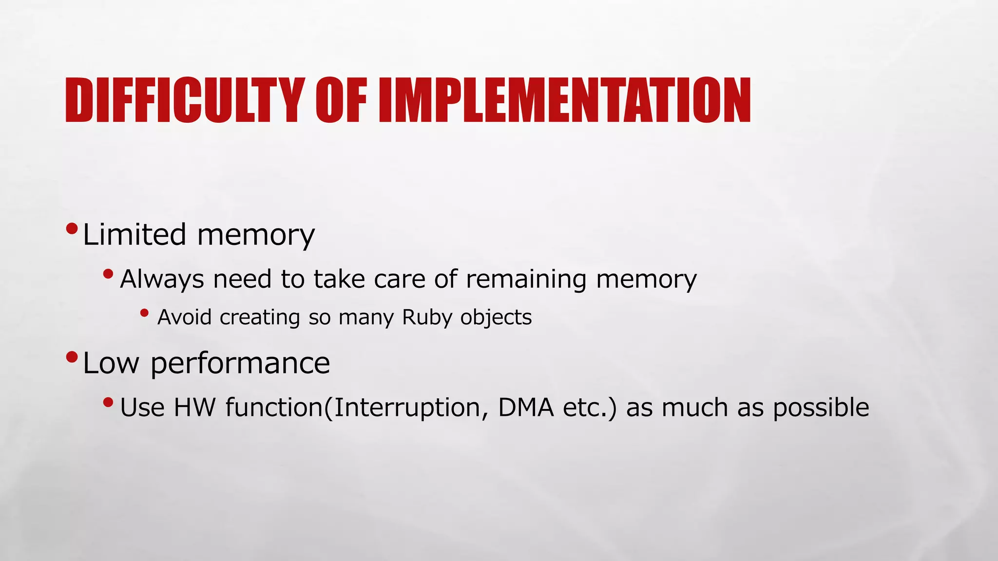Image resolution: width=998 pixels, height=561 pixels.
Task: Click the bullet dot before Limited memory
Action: coord(72,228)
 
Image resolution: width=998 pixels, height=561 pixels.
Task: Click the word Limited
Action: coord(134,235)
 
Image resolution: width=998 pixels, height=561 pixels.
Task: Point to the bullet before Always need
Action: coord(108,275)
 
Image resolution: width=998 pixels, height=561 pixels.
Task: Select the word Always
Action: coord(162,280)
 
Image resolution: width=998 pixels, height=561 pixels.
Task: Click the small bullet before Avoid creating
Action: coord(144,313)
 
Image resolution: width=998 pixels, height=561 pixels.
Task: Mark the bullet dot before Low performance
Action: coord(72,357)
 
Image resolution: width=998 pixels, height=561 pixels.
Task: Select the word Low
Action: coord(111,363)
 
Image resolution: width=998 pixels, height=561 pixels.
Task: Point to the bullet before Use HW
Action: coord(108,403)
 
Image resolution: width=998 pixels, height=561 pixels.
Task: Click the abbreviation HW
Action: coord(194,408)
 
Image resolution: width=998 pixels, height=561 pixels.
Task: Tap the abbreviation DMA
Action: coord(526,408)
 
